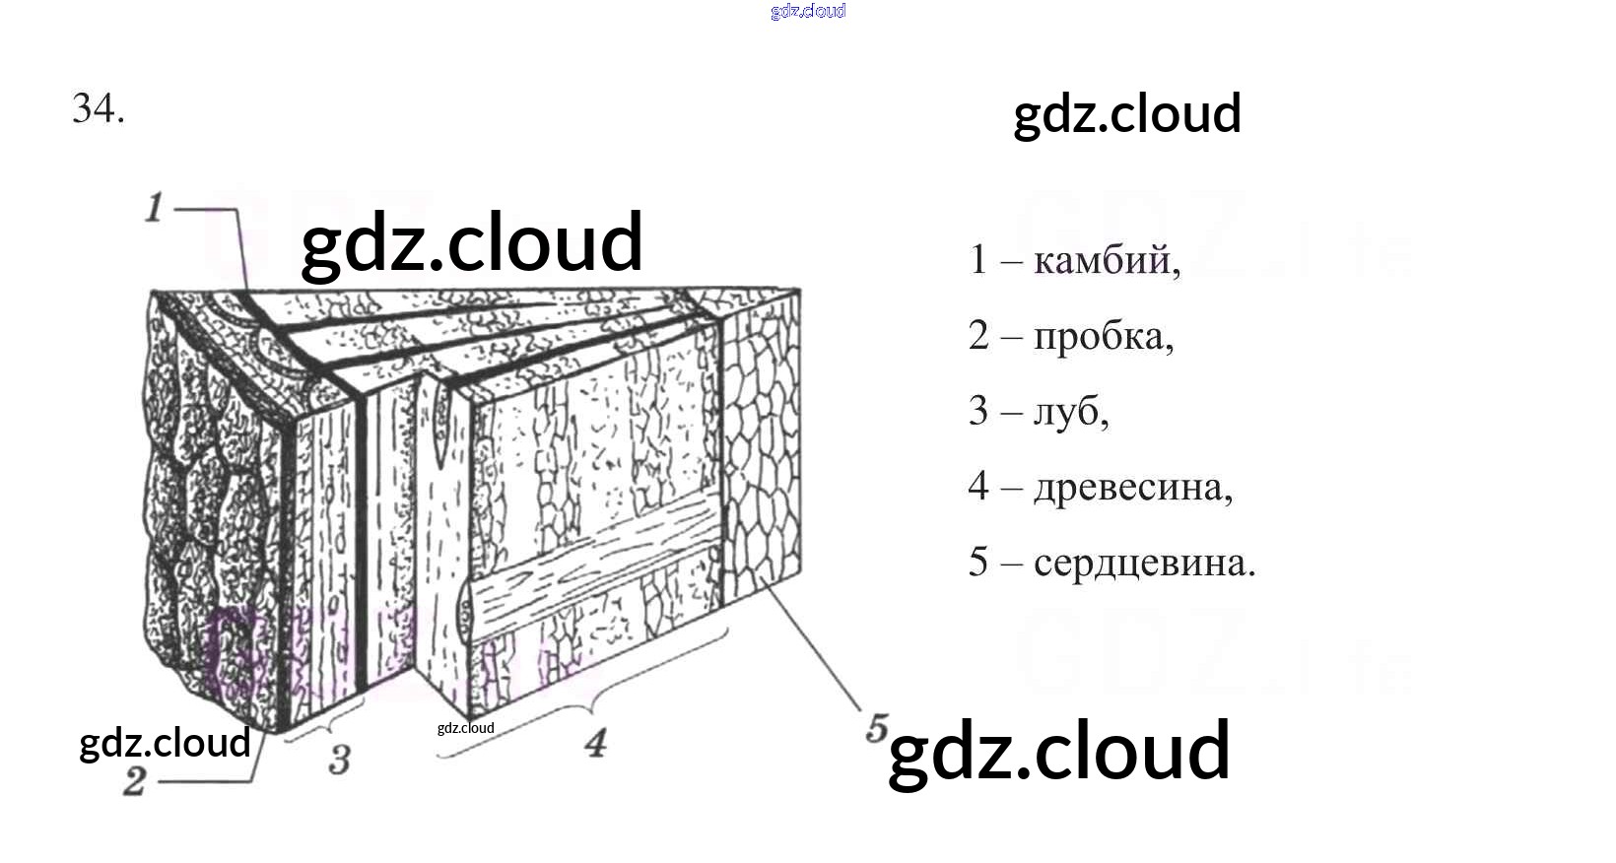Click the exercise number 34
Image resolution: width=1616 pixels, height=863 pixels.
98,108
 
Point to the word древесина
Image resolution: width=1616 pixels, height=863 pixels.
1130,487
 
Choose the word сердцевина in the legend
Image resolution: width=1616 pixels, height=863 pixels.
1142,563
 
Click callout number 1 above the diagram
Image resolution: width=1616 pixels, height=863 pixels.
154,208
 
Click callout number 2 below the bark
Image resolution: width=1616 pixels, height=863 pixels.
135,781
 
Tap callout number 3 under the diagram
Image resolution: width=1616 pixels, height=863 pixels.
340,760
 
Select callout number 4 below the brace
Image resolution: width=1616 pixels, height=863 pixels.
595,743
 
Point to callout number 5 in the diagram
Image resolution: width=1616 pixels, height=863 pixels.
876,729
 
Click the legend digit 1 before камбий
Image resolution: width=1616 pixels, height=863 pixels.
977,260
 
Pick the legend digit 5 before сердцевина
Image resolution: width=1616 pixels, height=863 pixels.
977,563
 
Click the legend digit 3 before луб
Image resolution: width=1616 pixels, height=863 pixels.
977,411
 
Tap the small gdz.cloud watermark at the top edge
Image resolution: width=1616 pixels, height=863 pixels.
808,11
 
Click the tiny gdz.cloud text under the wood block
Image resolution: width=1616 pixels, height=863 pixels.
465,728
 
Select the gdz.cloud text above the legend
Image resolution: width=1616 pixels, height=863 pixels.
1126,114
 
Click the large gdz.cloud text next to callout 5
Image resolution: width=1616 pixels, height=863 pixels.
1059,751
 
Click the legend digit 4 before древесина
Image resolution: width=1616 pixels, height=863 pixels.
977,486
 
